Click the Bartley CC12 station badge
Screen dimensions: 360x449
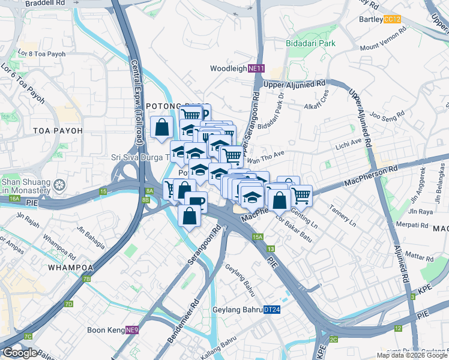(393, 20)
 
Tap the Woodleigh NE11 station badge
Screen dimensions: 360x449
(256, 69)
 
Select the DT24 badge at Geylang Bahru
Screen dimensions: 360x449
(271, 310)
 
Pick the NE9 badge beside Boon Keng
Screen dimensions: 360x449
(132, 330)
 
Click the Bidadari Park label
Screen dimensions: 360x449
(327, 44)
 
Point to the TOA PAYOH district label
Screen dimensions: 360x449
(24, 130)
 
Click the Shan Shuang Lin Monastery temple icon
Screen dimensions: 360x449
(59, 184)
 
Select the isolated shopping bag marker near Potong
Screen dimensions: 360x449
(161, 128)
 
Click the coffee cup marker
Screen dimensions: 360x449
(196, 202)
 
